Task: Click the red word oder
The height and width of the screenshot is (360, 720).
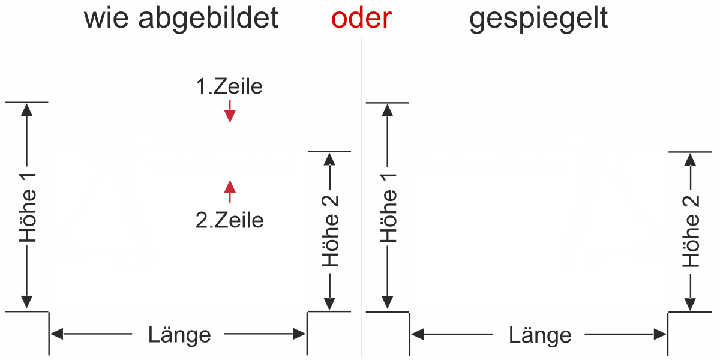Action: click(x=361, y=19)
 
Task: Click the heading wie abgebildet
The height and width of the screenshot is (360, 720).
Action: click(x=181, y=19)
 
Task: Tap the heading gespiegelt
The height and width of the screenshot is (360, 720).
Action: click(x=539, y=19)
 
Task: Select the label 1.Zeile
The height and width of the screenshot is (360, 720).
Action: click(x=229, y=87)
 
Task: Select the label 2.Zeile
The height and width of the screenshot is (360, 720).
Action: click(x=229, y=220)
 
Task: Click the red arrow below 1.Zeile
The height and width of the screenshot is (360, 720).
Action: click(x=229, y=112)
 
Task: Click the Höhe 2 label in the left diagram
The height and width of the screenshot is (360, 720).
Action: click(x=331, y=231)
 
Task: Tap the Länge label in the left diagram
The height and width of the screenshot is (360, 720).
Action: click(x=179, y=334)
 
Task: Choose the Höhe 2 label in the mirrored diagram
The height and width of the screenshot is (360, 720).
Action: click(x=692, y=231)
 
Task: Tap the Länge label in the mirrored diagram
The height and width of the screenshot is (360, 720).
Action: click(x=540, y=335)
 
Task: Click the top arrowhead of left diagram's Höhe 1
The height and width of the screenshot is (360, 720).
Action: click(x=26, y=109)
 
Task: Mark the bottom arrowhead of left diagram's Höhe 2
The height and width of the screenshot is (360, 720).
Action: click(x=330, y=305)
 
